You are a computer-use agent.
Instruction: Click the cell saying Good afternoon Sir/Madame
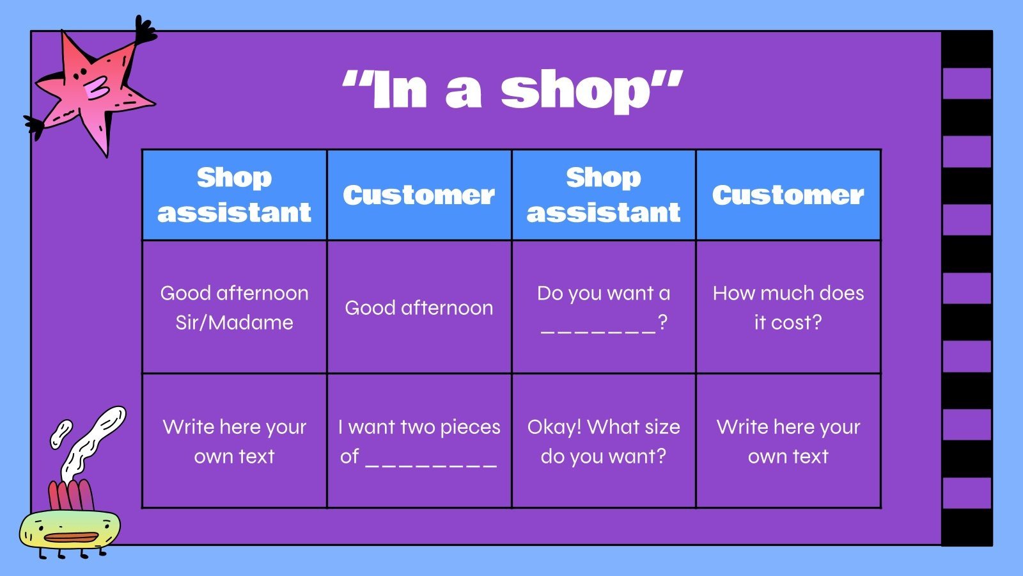(234, 307)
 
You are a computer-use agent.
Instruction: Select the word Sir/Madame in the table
(234, 323)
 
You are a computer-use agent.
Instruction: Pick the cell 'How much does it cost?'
(788, 307)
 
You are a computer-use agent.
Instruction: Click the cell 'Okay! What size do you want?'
(603, 441)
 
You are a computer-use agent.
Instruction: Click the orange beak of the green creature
(70, 537)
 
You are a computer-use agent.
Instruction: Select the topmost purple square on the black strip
(967, 84)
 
